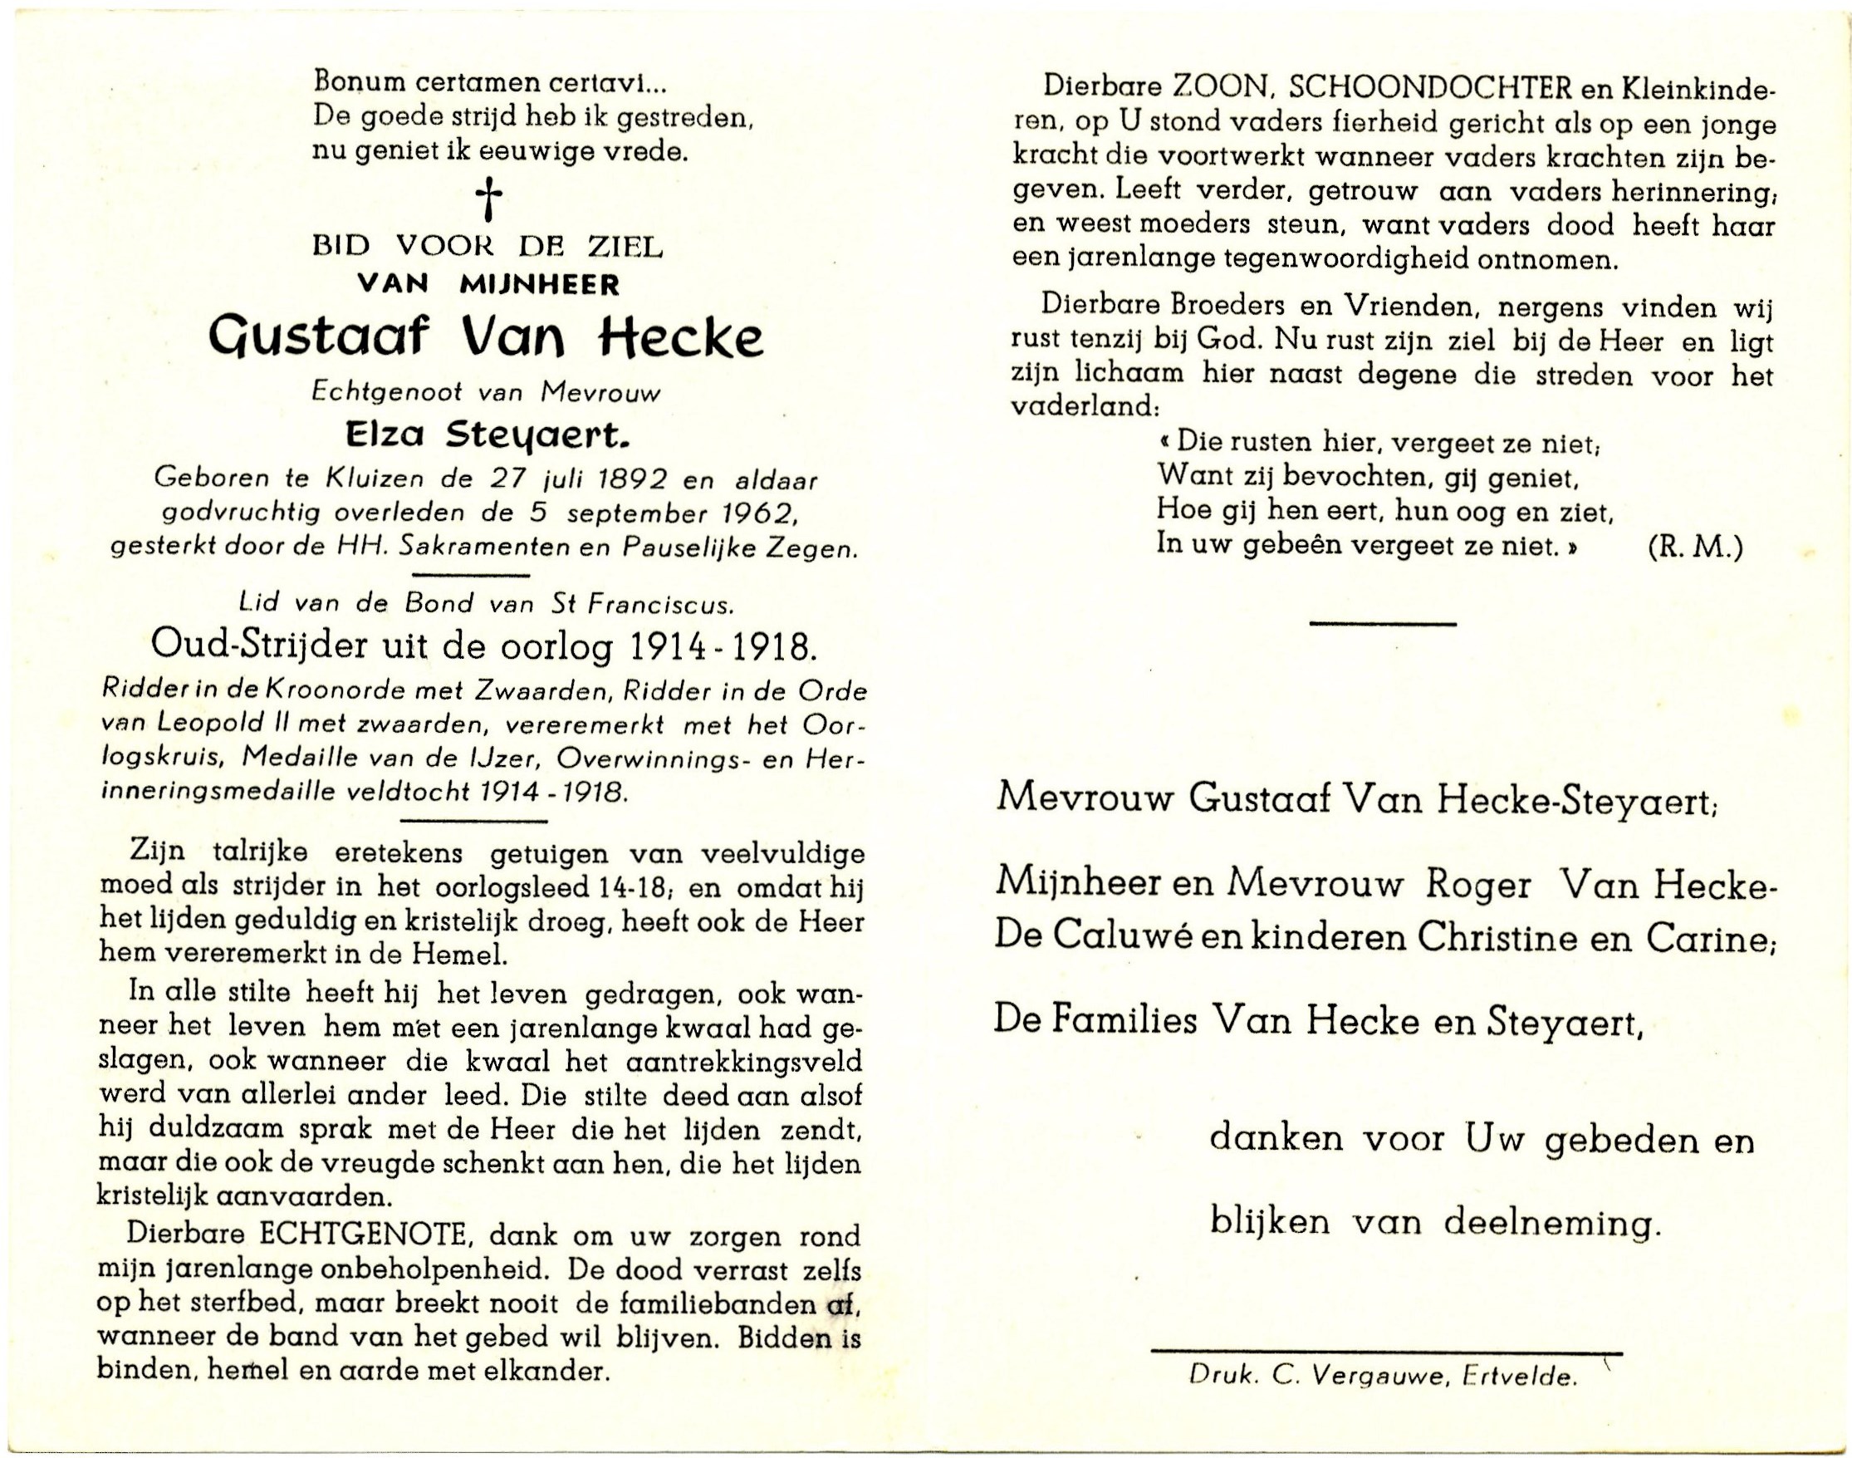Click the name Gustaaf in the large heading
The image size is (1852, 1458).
click(x=330, y=339)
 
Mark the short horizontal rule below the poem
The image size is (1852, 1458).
click(x=1382, y=624)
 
